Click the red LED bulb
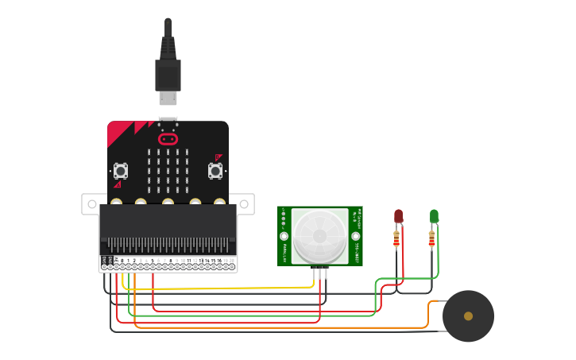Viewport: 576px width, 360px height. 398,215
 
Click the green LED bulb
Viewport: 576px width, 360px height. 434,215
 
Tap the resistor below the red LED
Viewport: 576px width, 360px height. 396,238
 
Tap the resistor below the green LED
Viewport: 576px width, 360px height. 431,238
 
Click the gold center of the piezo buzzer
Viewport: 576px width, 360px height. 468,316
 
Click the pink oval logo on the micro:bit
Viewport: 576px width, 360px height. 168,139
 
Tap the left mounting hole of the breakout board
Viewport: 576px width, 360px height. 90,203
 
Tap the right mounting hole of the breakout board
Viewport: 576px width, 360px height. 245,203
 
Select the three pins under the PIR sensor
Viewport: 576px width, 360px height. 320,273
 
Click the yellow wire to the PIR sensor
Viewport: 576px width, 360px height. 238,288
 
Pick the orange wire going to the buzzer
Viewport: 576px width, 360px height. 278,327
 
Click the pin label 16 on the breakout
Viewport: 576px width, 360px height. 219,261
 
